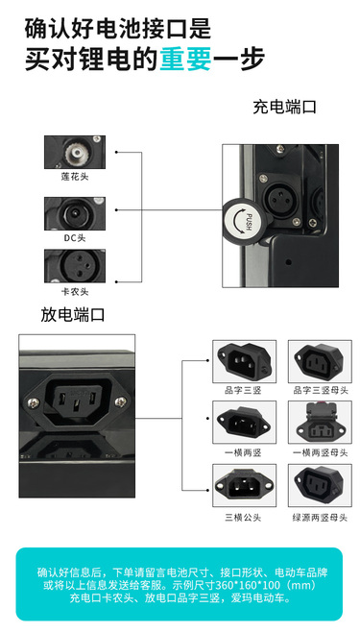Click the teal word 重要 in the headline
[x=185, y=59]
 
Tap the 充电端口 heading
[x=285, y=108]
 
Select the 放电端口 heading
[x=73, y=315]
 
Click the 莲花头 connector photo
[x=75, y=152]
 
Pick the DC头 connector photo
[x=75, y=213]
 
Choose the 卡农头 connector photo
[x=75, y=266]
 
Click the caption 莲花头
[x=75, y=177]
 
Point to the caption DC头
[x=75, y=238]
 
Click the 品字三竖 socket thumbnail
[x=245, y=361]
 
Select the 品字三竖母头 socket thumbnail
[x=320, y=361]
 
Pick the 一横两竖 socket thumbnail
[x=245, y=423]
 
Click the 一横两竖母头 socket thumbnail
[x=320, y=423]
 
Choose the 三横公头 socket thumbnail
[x=245, y=485]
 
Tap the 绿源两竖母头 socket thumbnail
[x=320, y=485]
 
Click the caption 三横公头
[x=243, y=518]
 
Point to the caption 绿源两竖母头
[x=320, y=518]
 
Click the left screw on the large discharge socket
[x=33, y=401]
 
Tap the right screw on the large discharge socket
[x=120, y=401]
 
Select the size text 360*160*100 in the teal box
[x=241, y=585]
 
